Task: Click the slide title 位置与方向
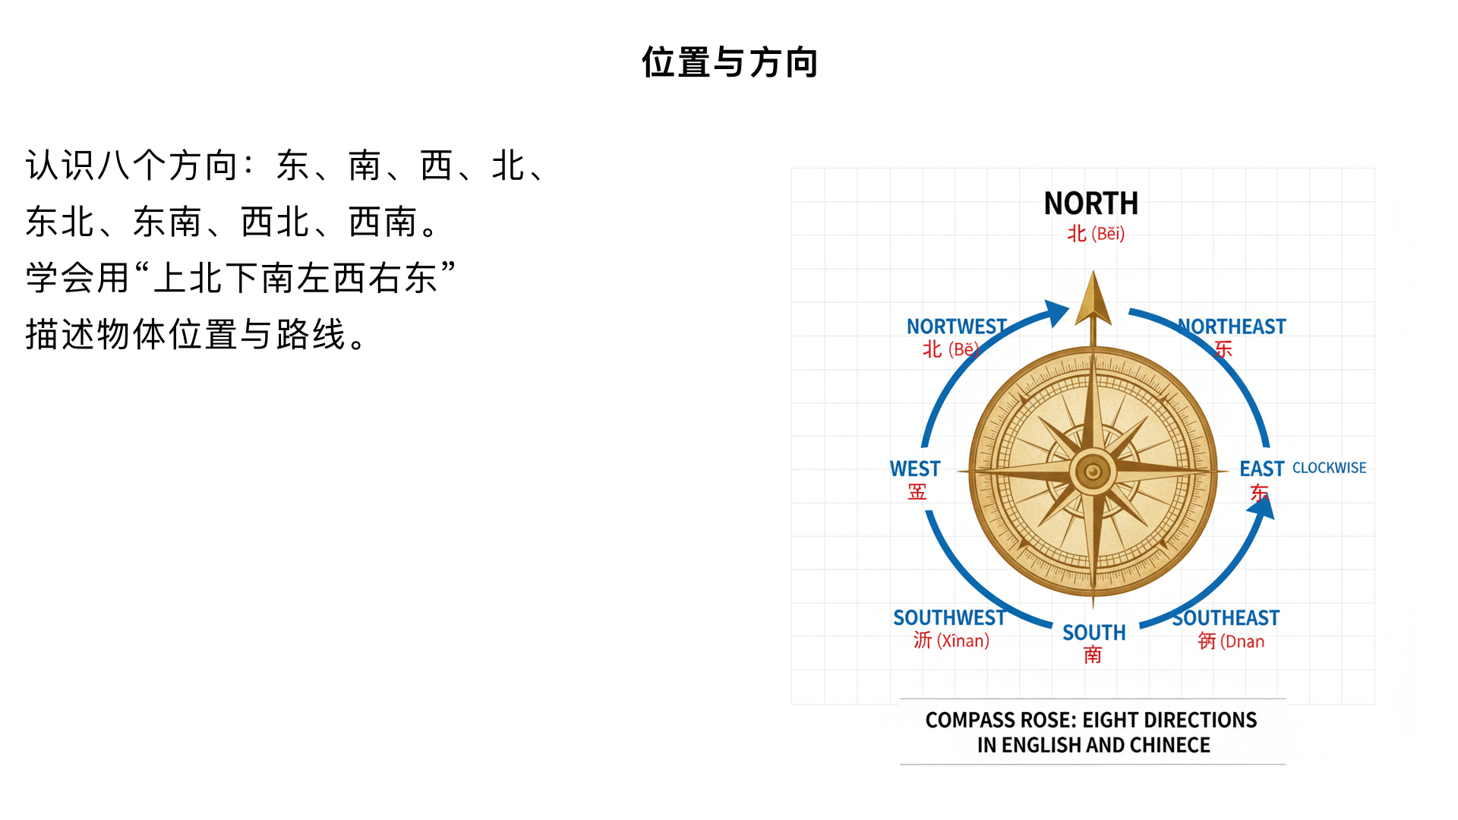[x=729, y=62]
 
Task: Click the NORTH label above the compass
[x=1091, y=203]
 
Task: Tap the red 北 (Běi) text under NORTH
[x=1096, y=234]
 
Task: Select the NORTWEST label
[x=956, y=326]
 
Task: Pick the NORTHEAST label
[x=1232, y=326]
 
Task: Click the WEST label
[x=915, y=468]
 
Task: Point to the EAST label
[x=1261, y=468]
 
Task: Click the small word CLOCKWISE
[x=1329, y=468]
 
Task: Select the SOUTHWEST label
[x=949, y=618]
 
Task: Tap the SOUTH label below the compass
[x=1093, y=632]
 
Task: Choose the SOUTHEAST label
[x=1226, y=618]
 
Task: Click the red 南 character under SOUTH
[x=1093, y=654]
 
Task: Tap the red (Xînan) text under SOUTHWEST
[x=963, y=641]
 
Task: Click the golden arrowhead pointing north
[x=1093, y=300]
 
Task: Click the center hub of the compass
[x=1093, y=471]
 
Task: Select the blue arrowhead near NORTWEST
[x=1056, y=312]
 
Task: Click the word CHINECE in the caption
[x=1170, y=746]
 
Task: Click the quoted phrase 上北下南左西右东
[x=295, y=278]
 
